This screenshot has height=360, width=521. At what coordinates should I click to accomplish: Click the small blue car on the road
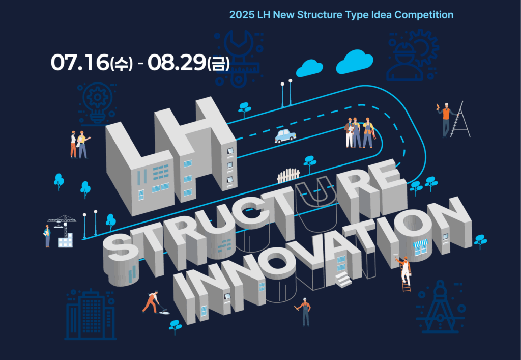[285, 136]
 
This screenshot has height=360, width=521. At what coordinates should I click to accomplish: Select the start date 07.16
[80, 63]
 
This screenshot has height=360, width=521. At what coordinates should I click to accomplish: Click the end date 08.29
[177, 63]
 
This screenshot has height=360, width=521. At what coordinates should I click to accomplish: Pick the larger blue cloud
[355, 62]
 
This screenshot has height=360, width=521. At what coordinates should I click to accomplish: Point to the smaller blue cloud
[309, 68]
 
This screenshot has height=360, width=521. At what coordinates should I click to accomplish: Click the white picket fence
[288, 176]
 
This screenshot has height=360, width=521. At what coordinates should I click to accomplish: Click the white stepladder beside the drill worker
[461, 120]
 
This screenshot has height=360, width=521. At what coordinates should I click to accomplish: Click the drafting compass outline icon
[440, 307]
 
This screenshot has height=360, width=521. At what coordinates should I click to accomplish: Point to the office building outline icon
[90, 315]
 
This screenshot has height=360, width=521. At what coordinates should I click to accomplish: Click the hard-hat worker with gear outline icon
[412, 55]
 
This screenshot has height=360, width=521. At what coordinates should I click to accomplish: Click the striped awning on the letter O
[420, 243]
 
